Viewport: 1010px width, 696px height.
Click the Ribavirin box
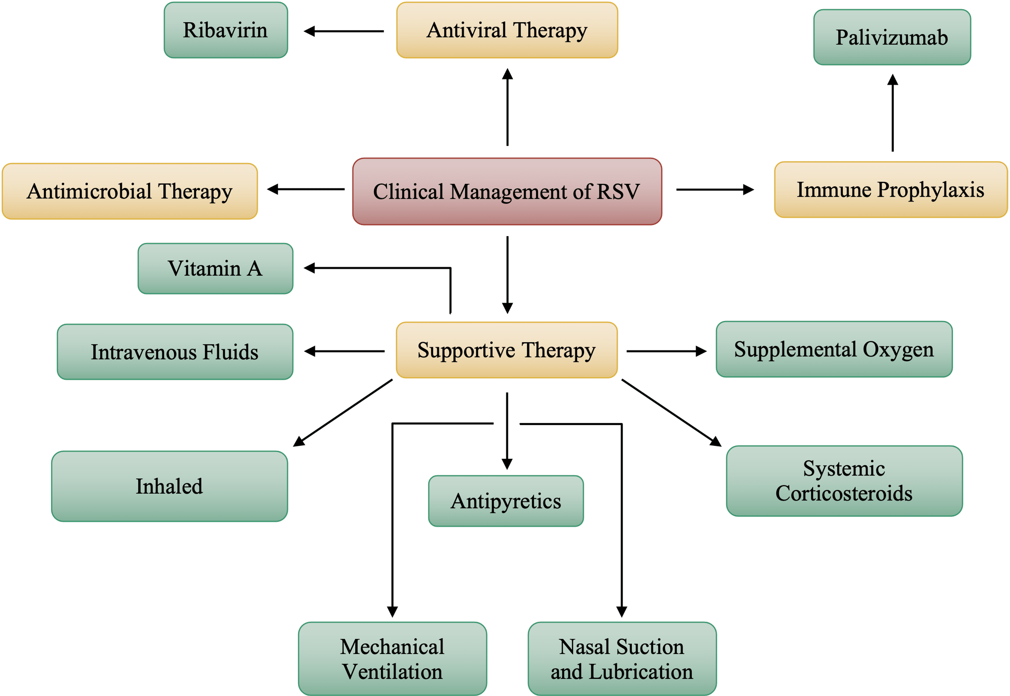click(x=225, y=30)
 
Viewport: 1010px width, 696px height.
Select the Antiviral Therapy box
click(x=507, y=30)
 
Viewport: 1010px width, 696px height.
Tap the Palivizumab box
click(x=891, y=37)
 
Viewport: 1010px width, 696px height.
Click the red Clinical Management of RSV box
click(x=507, y=192)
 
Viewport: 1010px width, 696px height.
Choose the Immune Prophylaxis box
click(x=890, y=190)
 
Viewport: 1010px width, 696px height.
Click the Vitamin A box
click(x=215, y=269)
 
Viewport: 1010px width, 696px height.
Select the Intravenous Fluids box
click(x=175, y=352)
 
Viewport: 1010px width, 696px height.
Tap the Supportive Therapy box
click(x=507, y=350)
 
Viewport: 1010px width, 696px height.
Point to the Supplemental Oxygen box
click(x=834, y=349)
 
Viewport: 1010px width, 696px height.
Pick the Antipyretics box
click(x=506, y=501)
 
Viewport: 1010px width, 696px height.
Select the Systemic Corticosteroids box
click(x=844, y=481)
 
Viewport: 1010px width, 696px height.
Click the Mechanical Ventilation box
click(x=392, y=659)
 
